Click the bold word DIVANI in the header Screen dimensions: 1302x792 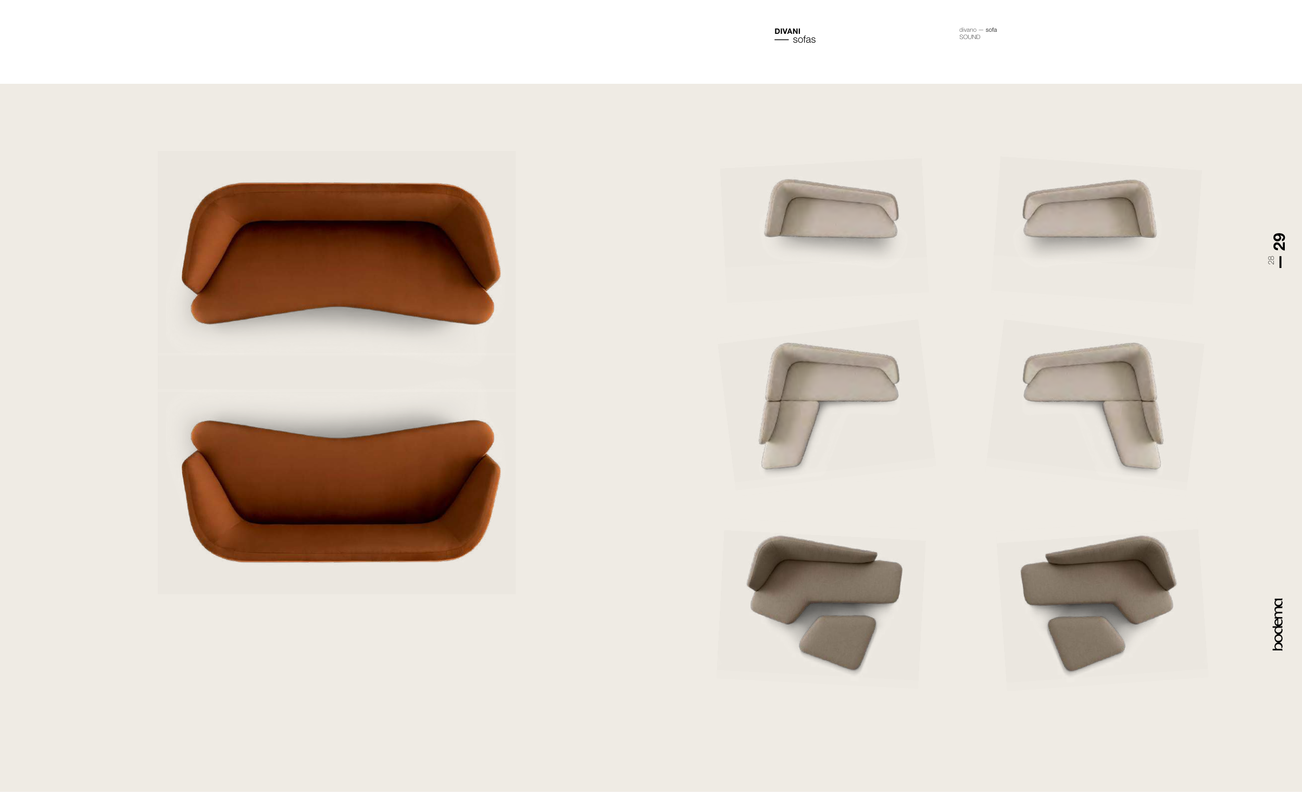(787, 31)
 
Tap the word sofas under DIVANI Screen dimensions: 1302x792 (804, 40)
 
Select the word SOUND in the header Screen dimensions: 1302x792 (970, 37)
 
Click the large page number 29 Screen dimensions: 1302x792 (1279, 241)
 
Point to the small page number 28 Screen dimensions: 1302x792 (1271, 260)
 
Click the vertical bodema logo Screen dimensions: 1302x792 (1278, 624)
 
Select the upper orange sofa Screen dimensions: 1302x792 (341, 253)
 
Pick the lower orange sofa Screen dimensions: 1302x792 (341, 491)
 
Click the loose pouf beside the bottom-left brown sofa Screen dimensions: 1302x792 (837, 642)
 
